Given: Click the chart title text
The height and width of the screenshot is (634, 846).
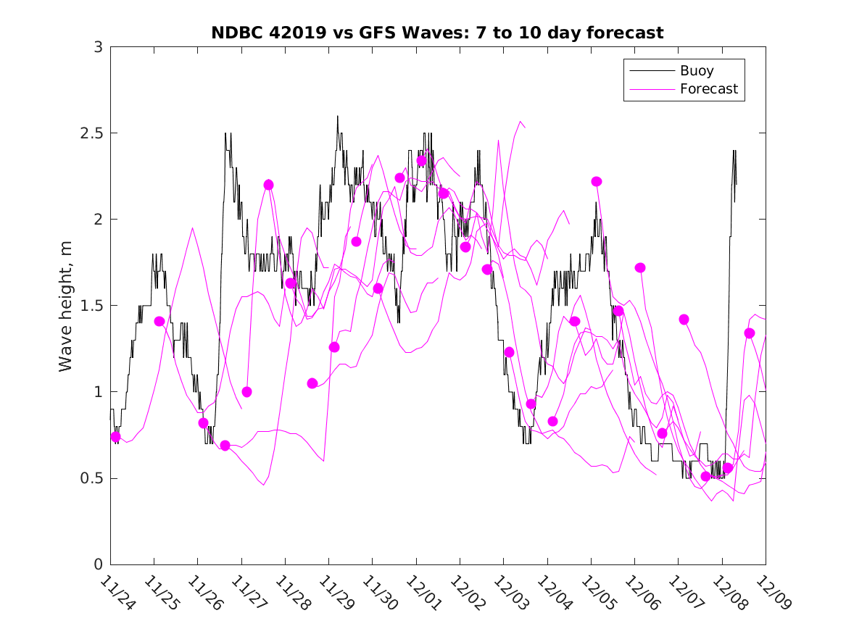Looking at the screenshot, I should click(x=437, y=33).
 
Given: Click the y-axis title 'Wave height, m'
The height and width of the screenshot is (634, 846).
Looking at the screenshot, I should click(x=66, y=306).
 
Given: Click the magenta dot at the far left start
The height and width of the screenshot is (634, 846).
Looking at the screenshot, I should click(x=115, y=437).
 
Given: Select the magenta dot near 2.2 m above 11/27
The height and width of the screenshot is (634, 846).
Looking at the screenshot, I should click(x=268, y=185).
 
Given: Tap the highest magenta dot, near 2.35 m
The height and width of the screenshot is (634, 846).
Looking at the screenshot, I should click(x=421, y=161).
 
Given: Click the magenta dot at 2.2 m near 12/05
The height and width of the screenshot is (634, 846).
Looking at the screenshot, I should click(x=597, y=181).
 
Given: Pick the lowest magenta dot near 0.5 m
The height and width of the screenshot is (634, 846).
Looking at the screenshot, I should click(x=705, y=476).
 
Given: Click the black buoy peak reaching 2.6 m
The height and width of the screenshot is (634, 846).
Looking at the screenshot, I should click(x=337, y=116).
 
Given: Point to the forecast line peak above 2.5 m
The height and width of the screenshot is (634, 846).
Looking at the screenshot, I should click(x=520, y=121).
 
